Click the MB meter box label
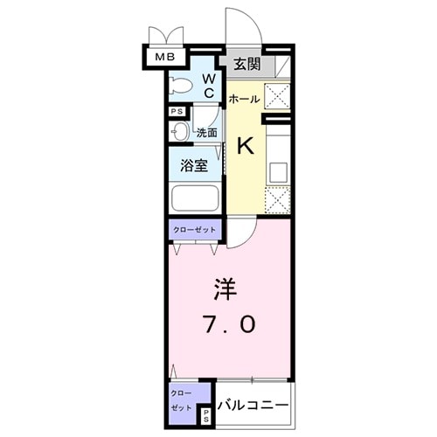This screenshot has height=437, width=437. pos(163,58)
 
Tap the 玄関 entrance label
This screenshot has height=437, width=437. pos(247,63)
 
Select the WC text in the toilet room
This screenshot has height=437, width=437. pos(210,85)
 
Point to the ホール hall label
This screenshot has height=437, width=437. pos(244,100)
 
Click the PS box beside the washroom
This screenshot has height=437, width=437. pos(177,112)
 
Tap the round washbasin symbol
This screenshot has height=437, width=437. pos(180,132)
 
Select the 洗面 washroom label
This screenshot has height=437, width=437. pos(206,133)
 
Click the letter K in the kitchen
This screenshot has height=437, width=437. pos(246,145)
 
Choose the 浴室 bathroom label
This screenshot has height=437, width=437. pos(195,165)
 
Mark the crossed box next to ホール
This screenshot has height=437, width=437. pos(278,96)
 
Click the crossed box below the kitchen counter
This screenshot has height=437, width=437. pos(278,200)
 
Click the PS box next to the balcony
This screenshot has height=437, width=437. pos(206,415)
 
